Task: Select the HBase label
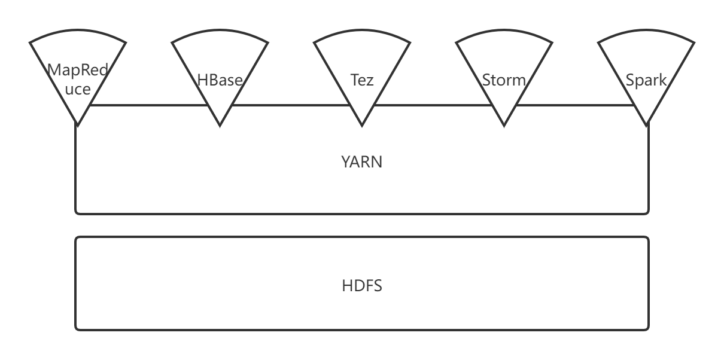click(x=220, y=80)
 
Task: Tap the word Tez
click(x=362, y=80)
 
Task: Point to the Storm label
click(x=504, y=80)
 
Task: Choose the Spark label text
click(x=646, y=80)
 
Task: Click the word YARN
click(x=362, y=161)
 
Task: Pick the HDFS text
click(x=362, y=286)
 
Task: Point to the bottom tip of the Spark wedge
click(x=646, y=125)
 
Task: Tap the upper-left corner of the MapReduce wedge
click(x=31, y=42)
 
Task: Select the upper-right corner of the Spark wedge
click(x=693, y=42)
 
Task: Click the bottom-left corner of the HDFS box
click(x=77, y=328)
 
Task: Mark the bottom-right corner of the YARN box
click(x=647, y=212)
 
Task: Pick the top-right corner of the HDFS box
click(x=647, y=238)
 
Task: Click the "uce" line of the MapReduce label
click(x=78, y=90)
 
